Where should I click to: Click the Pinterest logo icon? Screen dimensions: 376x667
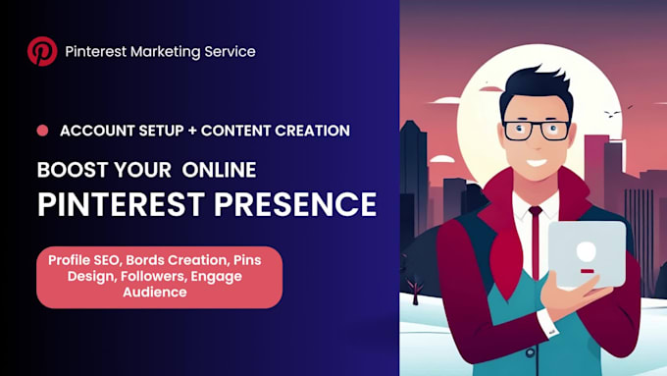click(42, 51)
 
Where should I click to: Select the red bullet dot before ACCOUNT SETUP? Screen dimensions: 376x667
click(42, 131)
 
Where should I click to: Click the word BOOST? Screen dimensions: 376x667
click(69, 169)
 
